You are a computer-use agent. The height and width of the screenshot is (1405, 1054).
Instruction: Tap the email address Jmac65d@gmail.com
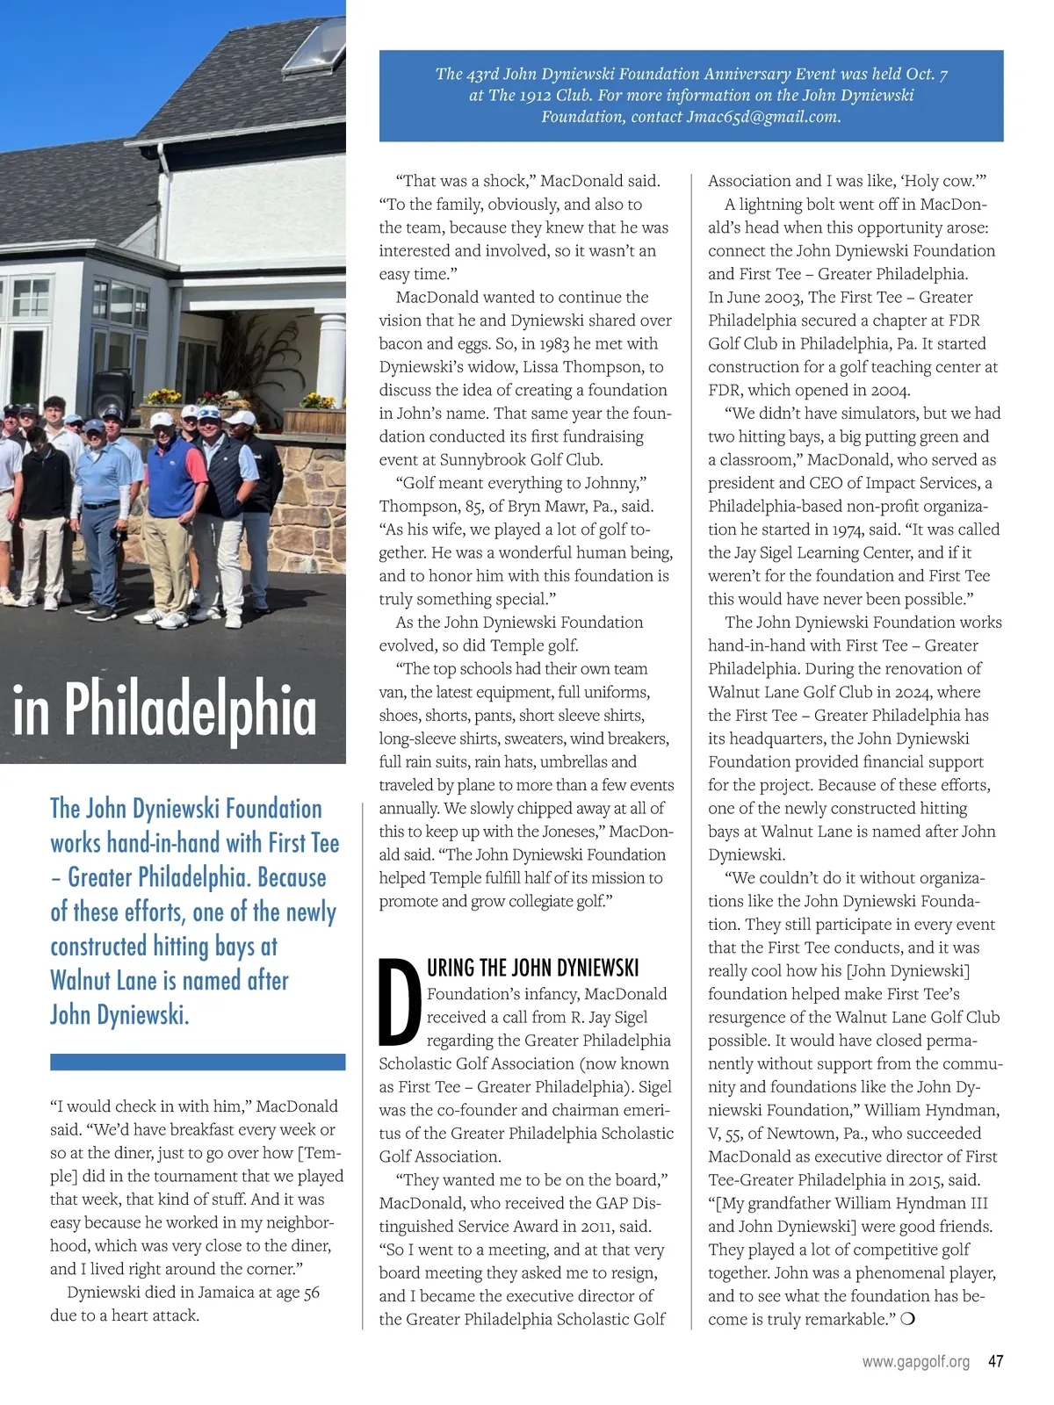tap(762, 117)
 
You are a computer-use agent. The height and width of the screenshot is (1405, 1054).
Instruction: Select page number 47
tap(995, 1362)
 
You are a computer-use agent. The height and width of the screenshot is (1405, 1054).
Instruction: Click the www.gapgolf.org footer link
tap(915, 1362)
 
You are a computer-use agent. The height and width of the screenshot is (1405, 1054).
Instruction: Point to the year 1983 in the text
tap(558, 343)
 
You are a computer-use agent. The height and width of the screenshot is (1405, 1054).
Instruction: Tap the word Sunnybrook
tap(486, 459)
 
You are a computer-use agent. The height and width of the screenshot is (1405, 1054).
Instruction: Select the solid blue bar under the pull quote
tap(198, 1062)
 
